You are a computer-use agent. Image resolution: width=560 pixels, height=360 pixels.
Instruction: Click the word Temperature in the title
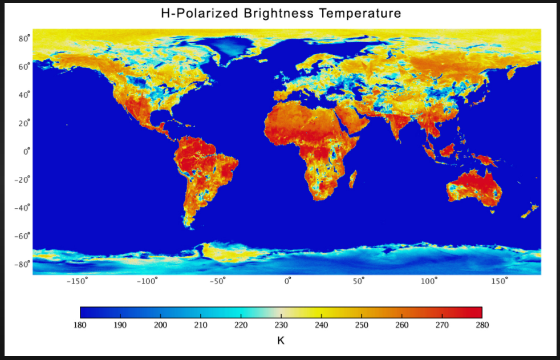pos(356,13)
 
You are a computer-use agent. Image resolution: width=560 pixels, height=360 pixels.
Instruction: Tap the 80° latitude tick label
pos(23,39)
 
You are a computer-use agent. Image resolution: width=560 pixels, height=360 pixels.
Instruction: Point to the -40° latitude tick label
pos(21,208)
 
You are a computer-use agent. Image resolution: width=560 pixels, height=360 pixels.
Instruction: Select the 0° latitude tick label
pos(25,152)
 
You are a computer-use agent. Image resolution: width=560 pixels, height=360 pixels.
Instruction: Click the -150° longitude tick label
pos(77,281)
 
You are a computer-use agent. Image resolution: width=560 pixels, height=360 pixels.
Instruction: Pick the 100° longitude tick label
pos(429,281)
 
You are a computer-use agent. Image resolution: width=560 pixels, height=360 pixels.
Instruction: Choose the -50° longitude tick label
pos(217,281)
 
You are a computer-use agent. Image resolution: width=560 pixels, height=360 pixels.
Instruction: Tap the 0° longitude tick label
pos(289,281)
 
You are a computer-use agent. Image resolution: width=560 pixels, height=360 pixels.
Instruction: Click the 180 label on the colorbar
pos(80,325)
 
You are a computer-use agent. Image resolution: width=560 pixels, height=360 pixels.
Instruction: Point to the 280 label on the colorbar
pos(482,325)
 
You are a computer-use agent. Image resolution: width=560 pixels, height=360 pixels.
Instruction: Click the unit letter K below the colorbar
pos(281,341)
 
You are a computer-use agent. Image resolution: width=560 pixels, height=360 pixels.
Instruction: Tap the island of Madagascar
pos(353,179)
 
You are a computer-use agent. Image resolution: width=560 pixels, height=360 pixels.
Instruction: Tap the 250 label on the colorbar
pos(362,325)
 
